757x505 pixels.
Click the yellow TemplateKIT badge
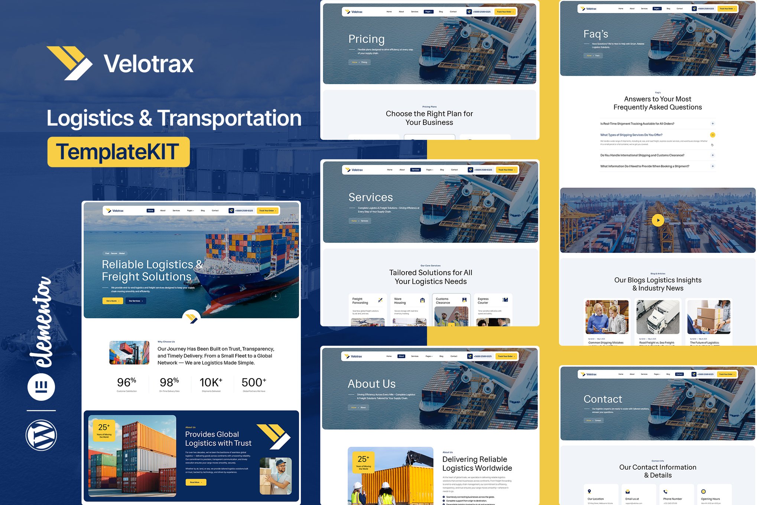118,152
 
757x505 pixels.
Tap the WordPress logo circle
41,435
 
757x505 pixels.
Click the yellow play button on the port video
658,220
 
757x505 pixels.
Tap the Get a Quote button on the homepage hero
113,301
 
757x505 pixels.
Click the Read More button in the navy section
196,482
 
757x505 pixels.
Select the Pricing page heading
366,39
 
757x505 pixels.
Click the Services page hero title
370,197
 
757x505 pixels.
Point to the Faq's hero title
596,34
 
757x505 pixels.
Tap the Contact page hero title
602,399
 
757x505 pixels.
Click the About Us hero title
371,384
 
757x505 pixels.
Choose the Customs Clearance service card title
442,301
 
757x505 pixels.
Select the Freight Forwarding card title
360,301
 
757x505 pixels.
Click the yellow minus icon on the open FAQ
712,135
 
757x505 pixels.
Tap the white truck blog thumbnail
657,317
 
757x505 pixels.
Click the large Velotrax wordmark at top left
148,64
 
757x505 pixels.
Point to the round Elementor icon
41,387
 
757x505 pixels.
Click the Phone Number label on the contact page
672,499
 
